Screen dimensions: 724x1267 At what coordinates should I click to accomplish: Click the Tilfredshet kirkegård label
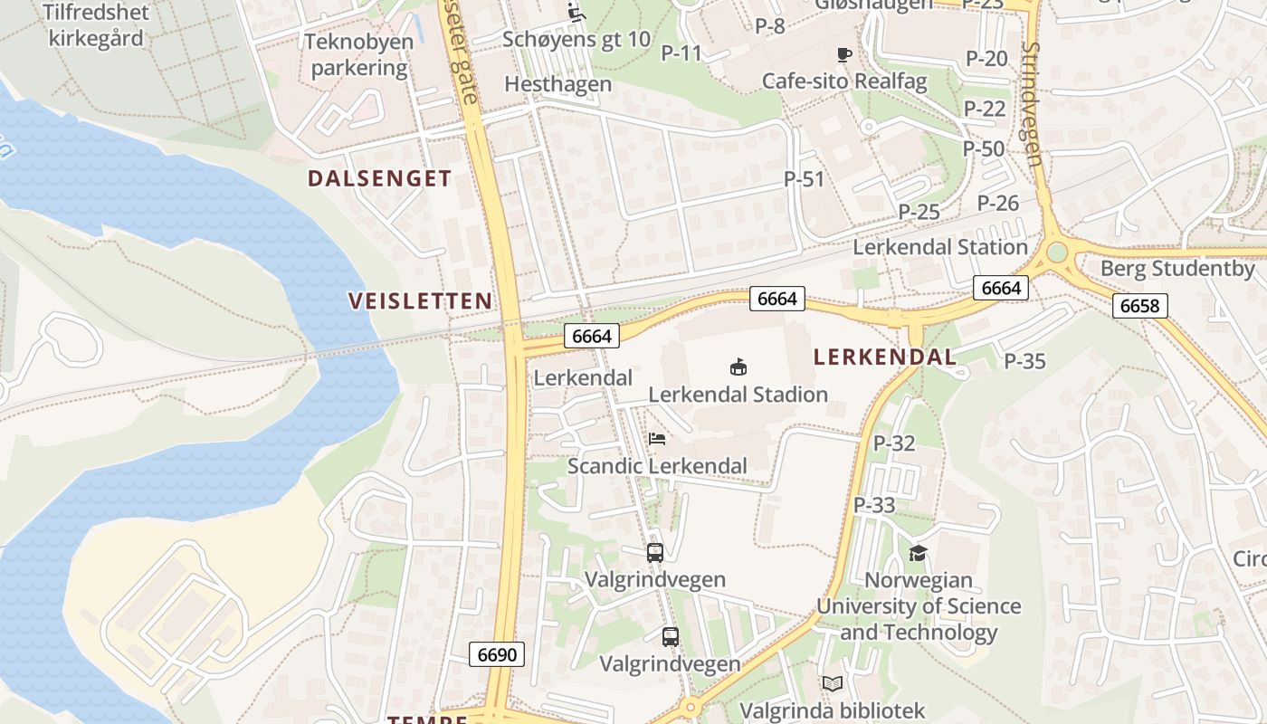point(99,25)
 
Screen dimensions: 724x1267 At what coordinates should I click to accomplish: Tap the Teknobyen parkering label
point(359,54)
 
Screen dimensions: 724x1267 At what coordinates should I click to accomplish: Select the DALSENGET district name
point(379,178)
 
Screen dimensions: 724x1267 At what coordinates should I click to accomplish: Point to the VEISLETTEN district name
point(421,301)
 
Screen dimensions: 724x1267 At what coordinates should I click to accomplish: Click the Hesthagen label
point(557,84)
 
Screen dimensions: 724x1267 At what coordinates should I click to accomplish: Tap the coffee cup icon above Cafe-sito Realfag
point(844,55)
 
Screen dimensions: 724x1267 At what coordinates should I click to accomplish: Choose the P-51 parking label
point(805,179)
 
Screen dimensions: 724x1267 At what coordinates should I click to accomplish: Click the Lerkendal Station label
point(940,247)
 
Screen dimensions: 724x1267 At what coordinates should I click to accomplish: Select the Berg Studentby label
point(1177,269)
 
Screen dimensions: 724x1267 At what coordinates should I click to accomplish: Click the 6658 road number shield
point(1139,305)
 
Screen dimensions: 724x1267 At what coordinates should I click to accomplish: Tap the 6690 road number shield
point(497,654)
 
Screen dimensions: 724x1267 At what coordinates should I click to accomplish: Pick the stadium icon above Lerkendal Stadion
point(738,367)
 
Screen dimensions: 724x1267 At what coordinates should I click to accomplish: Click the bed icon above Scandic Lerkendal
point(657,439)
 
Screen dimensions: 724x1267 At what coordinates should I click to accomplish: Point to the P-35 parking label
point(1024,361)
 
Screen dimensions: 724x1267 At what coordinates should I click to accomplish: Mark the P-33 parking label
point(874,505)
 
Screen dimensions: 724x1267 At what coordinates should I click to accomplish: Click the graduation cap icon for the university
point(918,553)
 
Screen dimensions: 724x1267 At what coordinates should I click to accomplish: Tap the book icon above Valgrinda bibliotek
point(832,684)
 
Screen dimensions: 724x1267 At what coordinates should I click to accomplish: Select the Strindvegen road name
point(1033,104)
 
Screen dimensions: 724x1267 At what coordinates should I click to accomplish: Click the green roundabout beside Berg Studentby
point(1056,252)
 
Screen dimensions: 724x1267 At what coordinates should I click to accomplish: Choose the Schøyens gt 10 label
point(576,39)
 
